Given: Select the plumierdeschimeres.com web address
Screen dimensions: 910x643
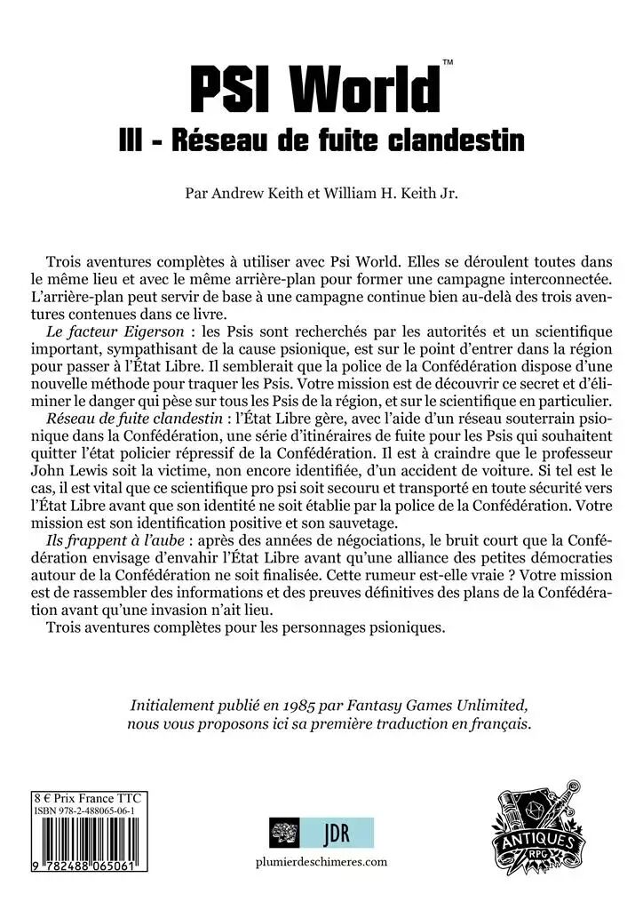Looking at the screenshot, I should [321, 862].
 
